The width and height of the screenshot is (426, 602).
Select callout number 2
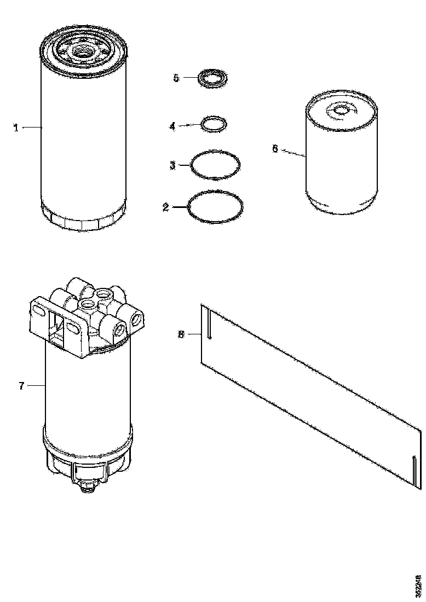click(x=165, y=207)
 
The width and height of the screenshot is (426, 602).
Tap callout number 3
click(x=172, y=165)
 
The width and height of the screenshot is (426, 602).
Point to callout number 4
click(x=172, y=126)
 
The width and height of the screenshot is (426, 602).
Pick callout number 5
click(x=176, y=78)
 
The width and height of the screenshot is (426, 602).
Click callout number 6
click(x=275, y=148)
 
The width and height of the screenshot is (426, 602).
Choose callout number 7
click(x=21, y=386)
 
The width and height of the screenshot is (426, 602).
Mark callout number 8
click(x=181, y=333)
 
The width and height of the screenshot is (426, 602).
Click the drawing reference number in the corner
click(x=418, y=585)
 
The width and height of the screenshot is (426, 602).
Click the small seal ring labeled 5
click(x=212, y=78)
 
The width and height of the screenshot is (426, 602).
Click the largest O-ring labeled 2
click(x=216, y=206)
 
